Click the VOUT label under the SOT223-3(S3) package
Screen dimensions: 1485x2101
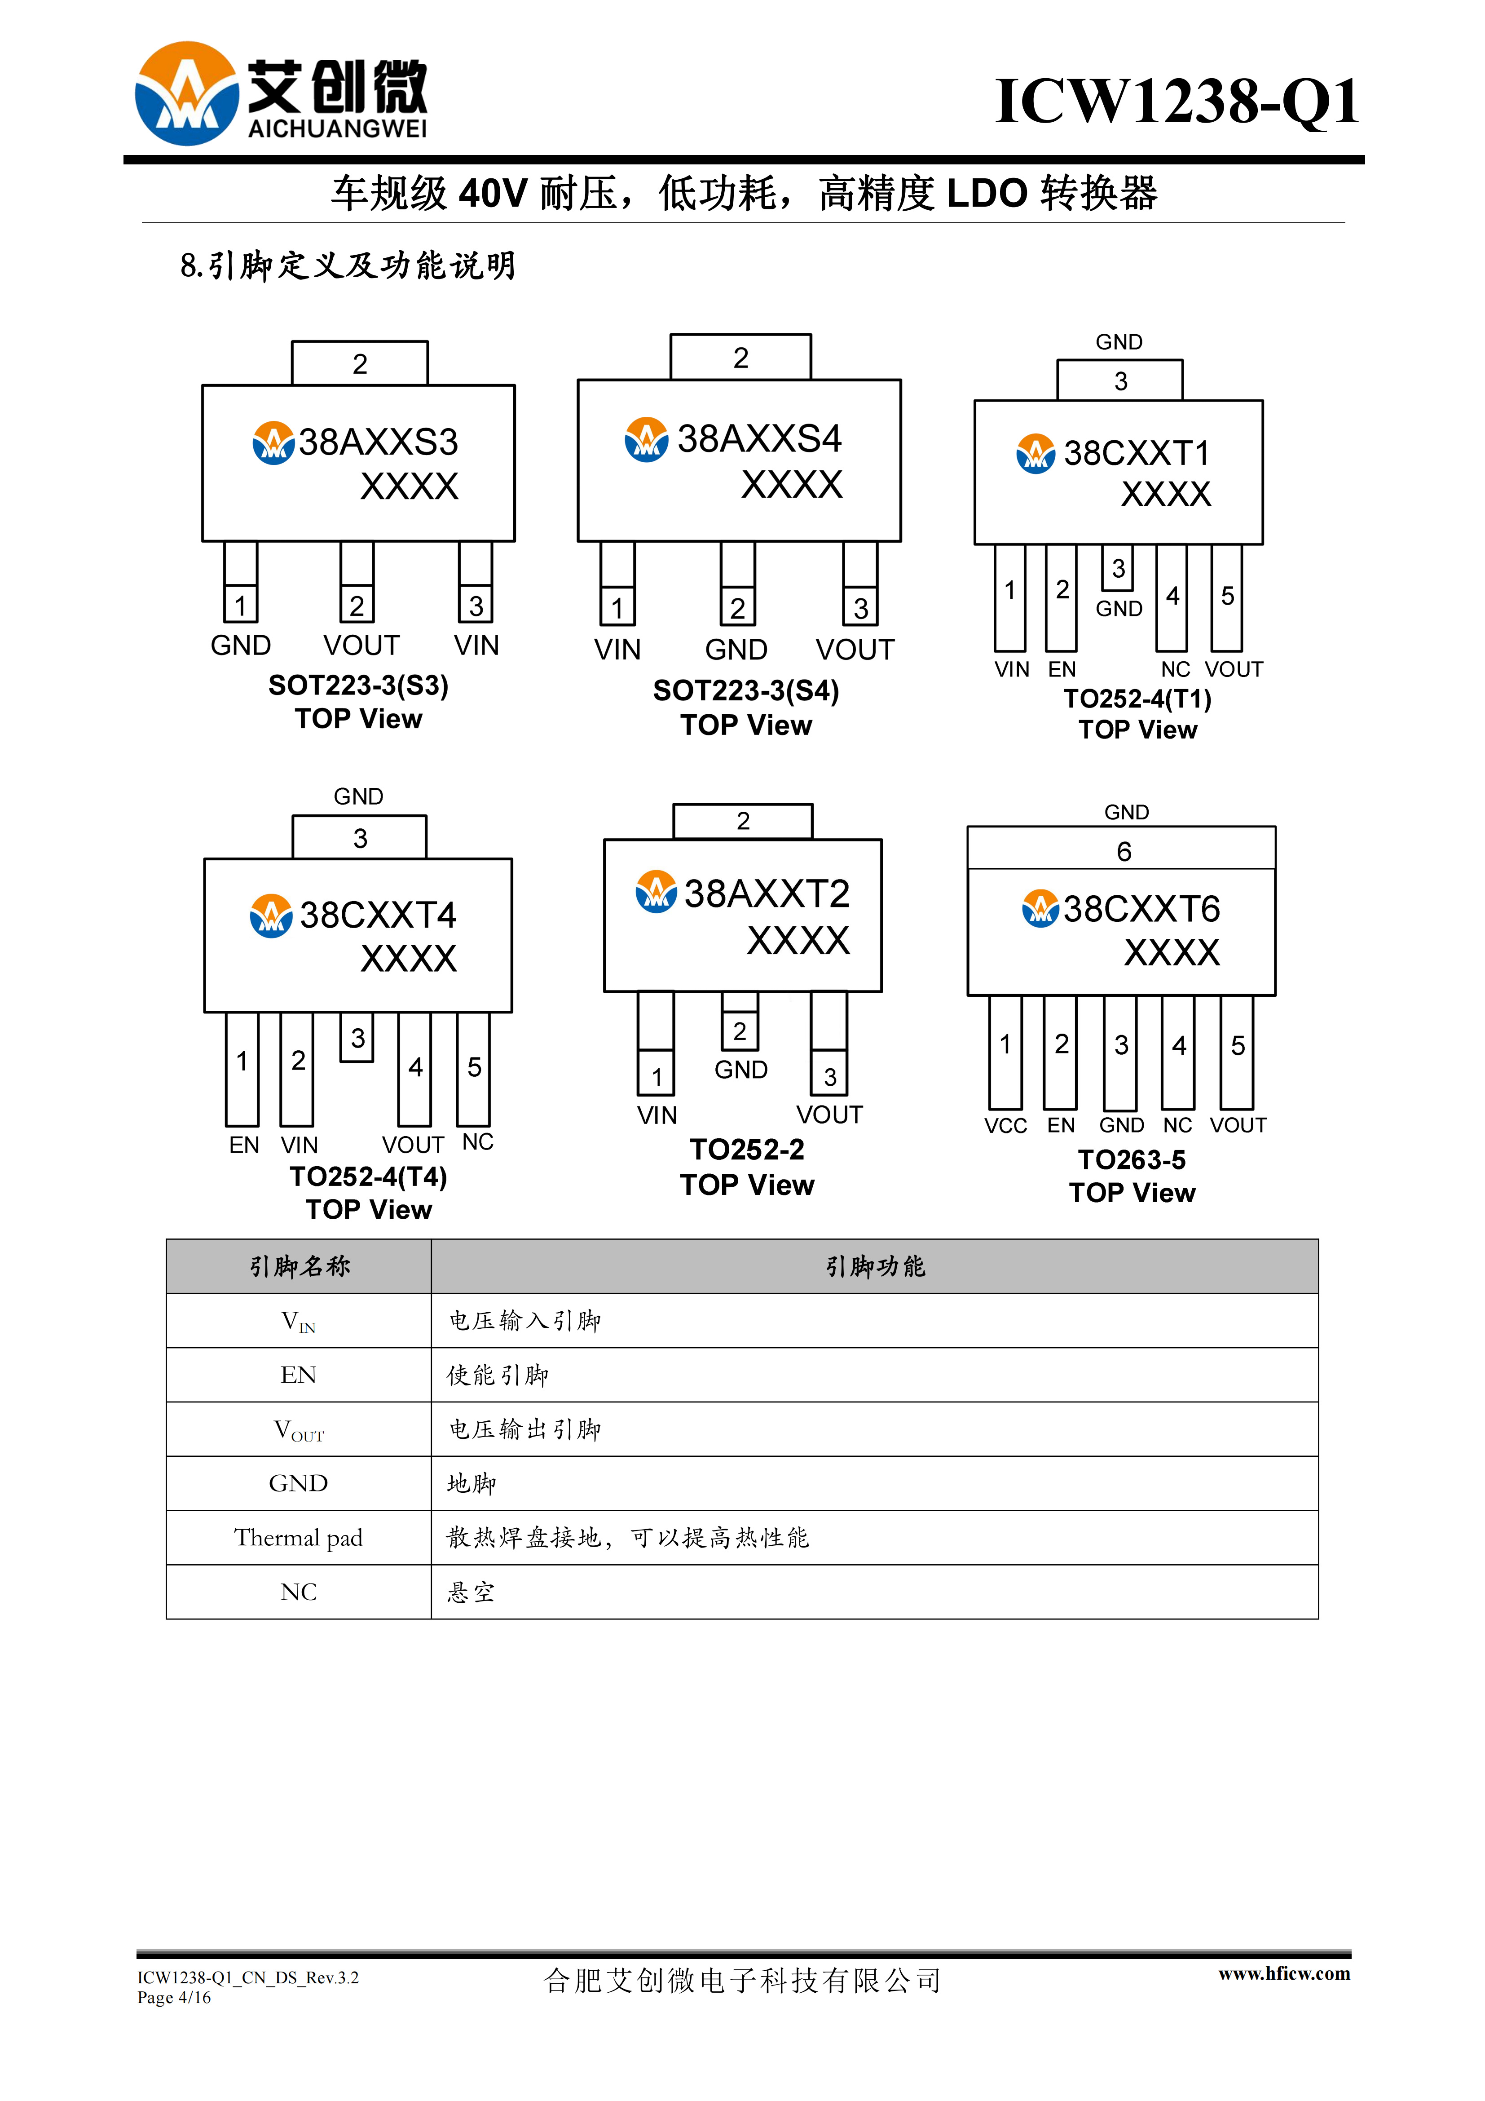tap(361, 645)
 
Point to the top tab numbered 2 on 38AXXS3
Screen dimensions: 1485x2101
tap(360, 363)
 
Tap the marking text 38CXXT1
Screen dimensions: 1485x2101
tap(1137, 453)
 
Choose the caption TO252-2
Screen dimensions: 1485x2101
tap(747, 1149)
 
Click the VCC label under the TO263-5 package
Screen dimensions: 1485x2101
tap(1005, 1126)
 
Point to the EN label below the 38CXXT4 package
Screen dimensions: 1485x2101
tap(244, 1145)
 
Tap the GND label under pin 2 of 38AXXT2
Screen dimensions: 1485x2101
tap(741, 1070)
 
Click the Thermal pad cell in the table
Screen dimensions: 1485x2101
tap(298, 1537)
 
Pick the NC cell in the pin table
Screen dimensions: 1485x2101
tap(298, 1592)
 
